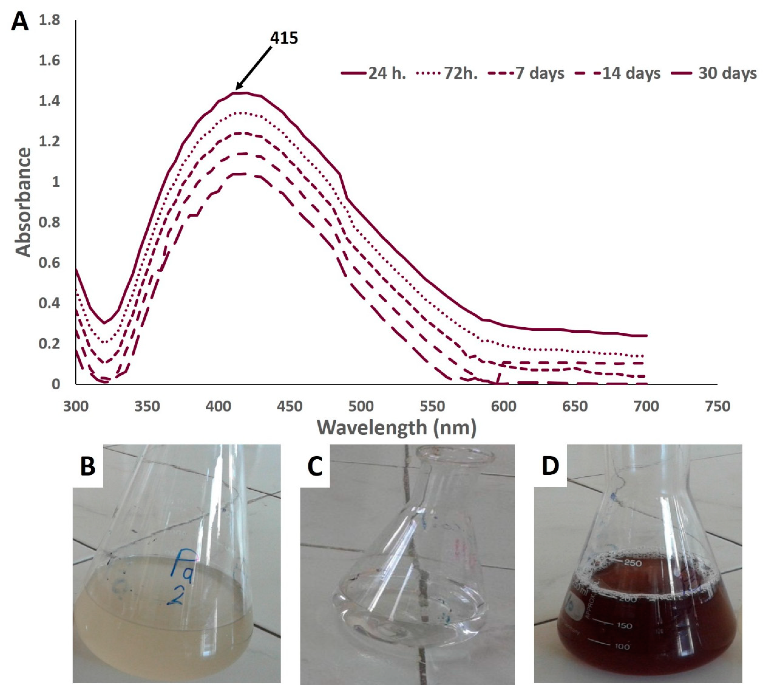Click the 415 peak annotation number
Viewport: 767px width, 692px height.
point(284,38)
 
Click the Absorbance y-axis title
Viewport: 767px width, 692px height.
point(24,202)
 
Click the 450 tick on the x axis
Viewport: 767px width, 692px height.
point(290,406)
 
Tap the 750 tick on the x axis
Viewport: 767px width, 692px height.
point(718,406)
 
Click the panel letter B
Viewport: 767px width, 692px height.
point(88,466)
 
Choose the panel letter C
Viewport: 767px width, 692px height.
point(315,466)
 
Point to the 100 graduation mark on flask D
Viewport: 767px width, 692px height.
point(622,646)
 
